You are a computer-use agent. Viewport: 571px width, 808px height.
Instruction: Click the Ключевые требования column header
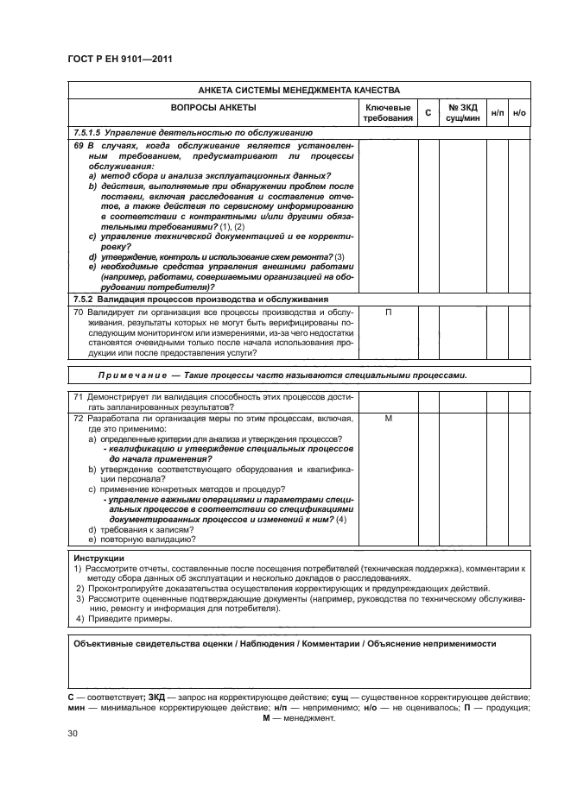point(388,112)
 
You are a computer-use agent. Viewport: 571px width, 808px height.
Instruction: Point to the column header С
point(428,112)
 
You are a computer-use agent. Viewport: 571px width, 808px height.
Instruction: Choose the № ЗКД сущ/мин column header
point(463,112)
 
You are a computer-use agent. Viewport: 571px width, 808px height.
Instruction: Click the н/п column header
point(498,112)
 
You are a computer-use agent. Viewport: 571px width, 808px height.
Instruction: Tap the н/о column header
point(519,112)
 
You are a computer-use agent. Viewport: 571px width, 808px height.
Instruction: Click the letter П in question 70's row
point(388,312)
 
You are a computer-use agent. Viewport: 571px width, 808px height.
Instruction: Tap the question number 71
point(77,397)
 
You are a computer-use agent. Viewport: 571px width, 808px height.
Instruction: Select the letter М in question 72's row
point(388,418)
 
